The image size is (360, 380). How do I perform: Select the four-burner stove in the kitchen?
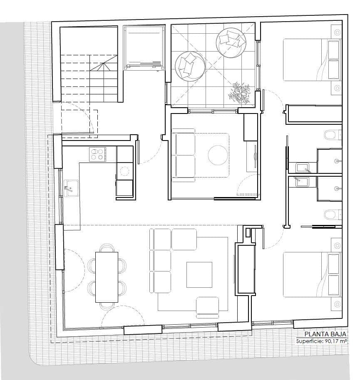[97, 154]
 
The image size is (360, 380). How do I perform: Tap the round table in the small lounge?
[218, 155]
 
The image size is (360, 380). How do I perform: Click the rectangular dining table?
[107, 276]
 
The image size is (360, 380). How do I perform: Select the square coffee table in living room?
[199, 274]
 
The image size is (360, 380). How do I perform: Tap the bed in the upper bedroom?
[312, 60]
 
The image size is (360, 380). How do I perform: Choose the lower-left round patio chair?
[189, 66]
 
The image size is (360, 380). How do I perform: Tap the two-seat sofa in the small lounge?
[184, 155]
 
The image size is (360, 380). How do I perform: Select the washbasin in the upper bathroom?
[302, 168]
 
